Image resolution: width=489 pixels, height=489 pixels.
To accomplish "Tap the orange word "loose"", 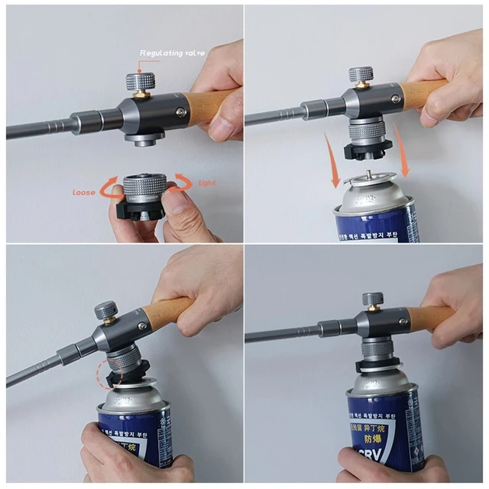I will click(84, 192).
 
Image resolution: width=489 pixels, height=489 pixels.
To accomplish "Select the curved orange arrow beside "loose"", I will click(109, 183).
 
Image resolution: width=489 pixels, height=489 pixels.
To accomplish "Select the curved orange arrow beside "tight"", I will click(183, 181).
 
